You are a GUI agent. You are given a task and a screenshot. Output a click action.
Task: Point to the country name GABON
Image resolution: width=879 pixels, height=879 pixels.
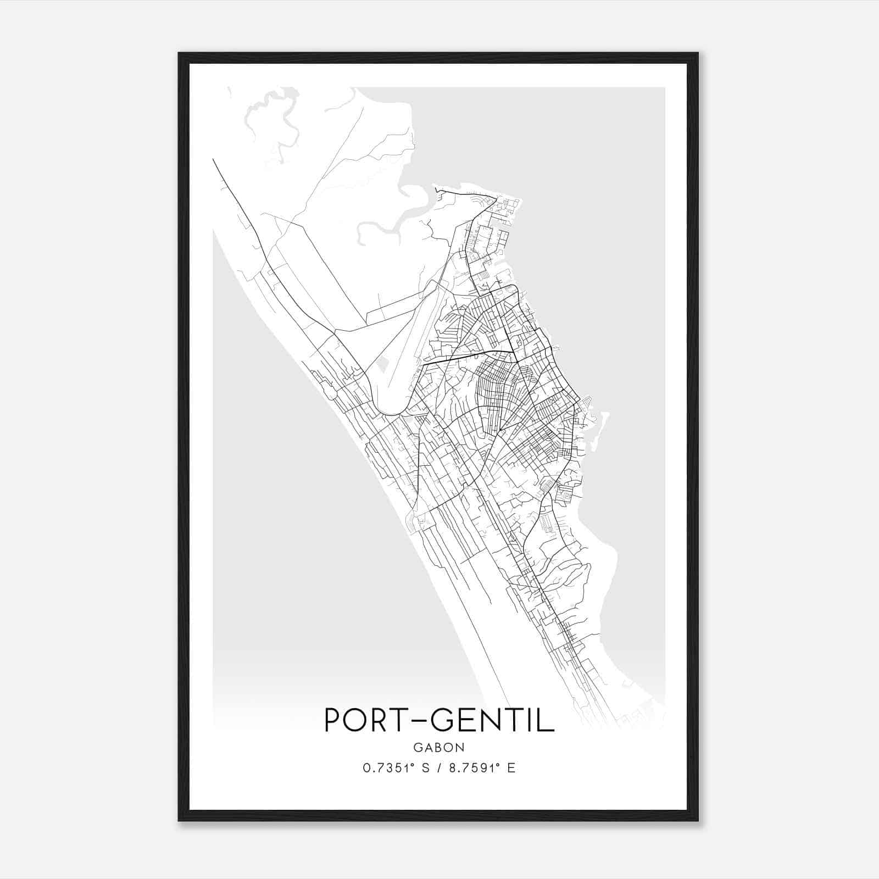pyautogui.click(x=439, y=748)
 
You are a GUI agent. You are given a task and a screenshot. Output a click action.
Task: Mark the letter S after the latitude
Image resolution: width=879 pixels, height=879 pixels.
pyautogui.click(x=425, y=768)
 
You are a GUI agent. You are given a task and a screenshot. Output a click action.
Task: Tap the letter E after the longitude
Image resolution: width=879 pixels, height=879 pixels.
pyautogui.click(x=511, y=768)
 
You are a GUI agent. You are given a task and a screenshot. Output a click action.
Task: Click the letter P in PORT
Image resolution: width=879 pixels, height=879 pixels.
pyautogui.click(x=333, y=720)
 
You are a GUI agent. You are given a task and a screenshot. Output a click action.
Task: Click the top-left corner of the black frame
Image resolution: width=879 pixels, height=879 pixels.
pyautogui.click(x=179, y=54)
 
